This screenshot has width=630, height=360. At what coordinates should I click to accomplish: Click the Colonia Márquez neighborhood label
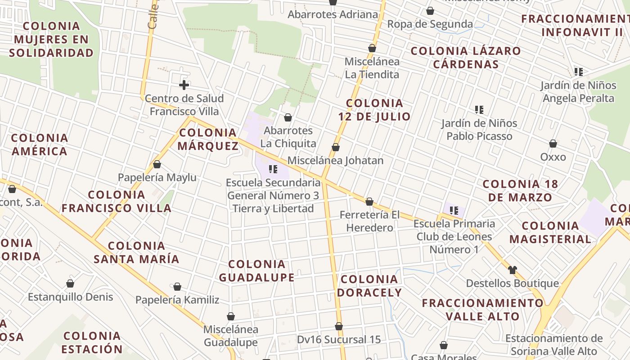click(x=208, y=139)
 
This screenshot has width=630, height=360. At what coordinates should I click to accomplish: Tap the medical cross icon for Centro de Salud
click(x=184, y=85)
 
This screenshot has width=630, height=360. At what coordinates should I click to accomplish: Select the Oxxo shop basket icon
click(x=553, y=144)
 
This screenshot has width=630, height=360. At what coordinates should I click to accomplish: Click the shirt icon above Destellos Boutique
click(x=512, y=270)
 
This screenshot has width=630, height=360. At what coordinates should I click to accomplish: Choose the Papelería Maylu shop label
click(x=157, y=177)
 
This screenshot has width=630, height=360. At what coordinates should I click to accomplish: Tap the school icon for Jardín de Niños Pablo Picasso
click(x=479, y=109)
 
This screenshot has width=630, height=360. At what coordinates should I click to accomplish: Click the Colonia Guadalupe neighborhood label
click(x=256, y=271)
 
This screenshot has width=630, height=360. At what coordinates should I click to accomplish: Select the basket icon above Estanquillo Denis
click(x=70, y=283)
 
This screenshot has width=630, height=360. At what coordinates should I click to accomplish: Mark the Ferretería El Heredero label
click(x=369, y=221)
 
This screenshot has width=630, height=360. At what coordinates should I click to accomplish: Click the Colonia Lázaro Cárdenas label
click(x=466, y=58)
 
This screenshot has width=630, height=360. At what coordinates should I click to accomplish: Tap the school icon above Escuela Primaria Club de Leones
click(x=454, y=210)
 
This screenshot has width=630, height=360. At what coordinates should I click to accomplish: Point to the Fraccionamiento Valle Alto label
click(x=482, y=310)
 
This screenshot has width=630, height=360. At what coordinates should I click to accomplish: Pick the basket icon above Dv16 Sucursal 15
click(x=339, y=326)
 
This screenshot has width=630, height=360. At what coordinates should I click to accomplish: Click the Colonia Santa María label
click(x=136, y=252)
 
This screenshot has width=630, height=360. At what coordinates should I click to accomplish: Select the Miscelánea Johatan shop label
click(x=335, y=161)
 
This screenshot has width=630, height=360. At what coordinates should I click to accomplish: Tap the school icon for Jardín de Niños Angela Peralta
click(x=579, y=72)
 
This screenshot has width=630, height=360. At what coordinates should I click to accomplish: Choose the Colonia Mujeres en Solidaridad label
click(x=51, y=40)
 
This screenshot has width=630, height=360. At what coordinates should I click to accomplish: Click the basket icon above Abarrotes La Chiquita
click(x=288, y=117)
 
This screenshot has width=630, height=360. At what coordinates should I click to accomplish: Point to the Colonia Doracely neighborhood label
click(x=369, y=286)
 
